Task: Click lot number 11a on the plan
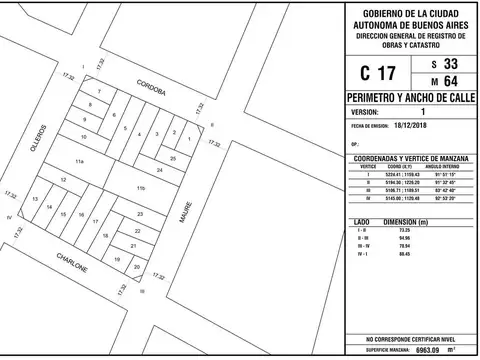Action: [x=80, y=160]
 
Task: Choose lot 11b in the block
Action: [x=141, y=188]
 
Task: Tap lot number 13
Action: [x=35, y=201]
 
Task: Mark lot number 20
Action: [x=119, y=267]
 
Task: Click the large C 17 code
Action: [x=378, y=73]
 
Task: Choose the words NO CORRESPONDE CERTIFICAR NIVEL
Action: [x=410, y=340]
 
